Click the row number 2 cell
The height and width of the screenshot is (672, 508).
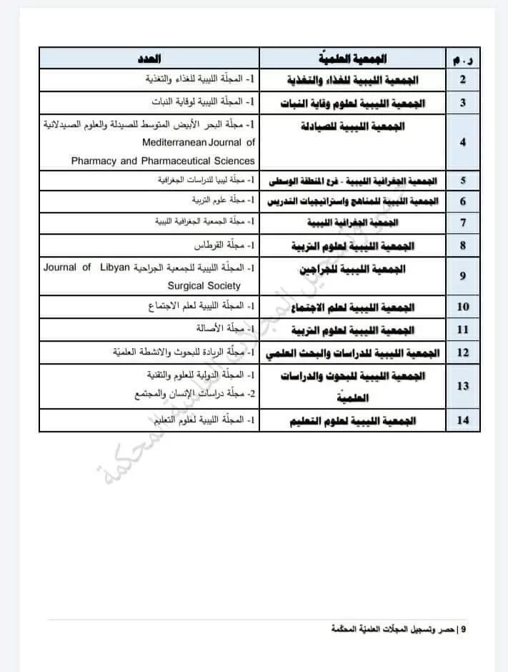click(463, 79)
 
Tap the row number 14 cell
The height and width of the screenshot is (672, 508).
click(463, 420)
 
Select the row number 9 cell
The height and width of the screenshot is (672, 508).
click(463, 275)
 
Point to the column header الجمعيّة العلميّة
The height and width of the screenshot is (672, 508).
click(352, 58)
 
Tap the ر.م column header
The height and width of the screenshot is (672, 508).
click(463, 58)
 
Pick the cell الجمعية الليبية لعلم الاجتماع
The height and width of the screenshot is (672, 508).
click(352, 307)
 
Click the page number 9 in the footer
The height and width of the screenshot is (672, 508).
click(464, 628)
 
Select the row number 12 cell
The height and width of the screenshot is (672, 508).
click(463, 352)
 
